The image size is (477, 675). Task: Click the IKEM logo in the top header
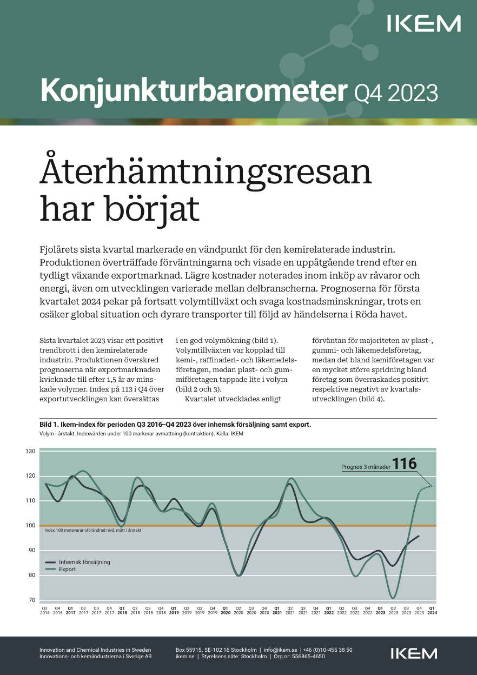point(424,24)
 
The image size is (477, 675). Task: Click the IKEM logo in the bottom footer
point(414,653)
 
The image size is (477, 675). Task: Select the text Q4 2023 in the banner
point(395,92)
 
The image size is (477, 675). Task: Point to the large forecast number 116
point(405,464)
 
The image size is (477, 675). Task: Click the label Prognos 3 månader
point(366,467)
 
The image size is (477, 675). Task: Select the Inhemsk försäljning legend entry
point(84,562)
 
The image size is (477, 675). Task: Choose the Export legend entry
point(68,569)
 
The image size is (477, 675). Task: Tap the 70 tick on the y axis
point(31,600)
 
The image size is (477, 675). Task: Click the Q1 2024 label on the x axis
point(432,611)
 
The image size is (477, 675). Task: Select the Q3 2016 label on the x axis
point(45,611)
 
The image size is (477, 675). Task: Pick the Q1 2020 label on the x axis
point(226,611)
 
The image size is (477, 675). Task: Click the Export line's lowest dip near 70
point(393,598)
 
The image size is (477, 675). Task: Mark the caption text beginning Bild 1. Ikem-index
point(175,425)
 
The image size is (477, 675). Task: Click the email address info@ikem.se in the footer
point(280,650)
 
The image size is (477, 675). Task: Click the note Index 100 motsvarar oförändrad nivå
point(92,531)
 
